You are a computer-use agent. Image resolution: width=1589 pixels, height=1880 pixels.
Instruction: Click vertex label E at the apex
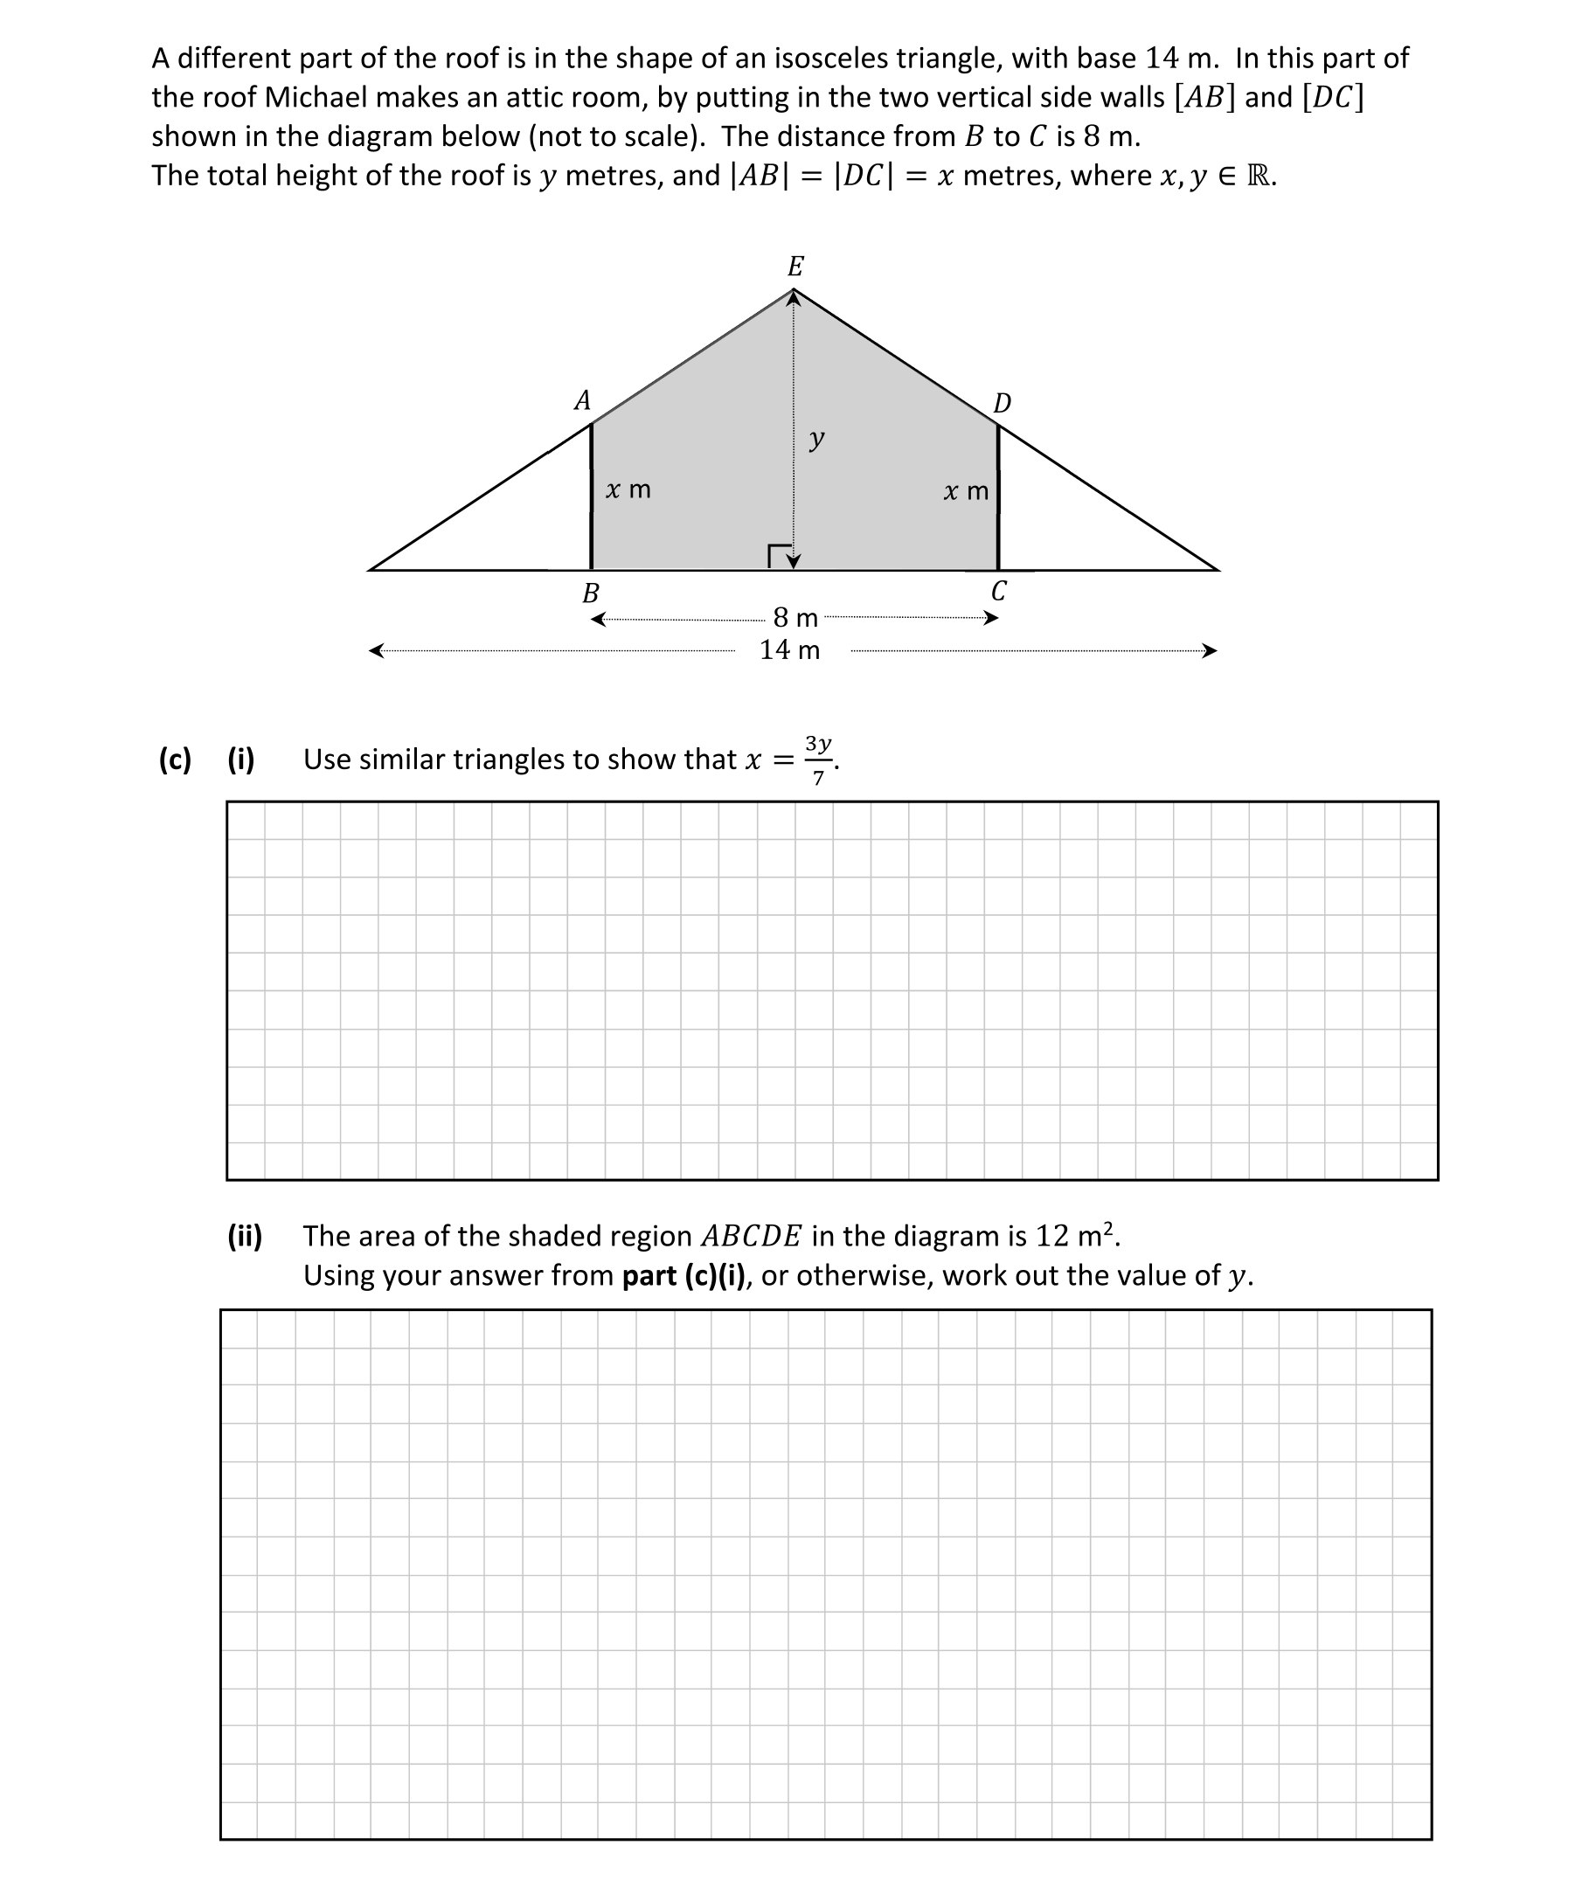pos(795,267)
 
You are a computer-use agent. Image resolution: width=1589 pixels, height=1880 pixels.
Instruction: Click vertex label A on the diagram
pos(583,400)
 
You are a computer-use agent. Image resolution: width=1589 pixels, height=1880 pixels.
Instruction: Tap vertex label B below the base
pos(591,593)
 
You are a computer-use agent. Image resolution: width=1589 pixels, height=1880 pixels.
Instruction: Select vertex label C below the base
pos(998,592)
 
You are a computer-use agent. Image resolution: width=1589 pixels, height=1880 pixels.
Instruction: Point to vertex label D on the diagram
pos(1002,403)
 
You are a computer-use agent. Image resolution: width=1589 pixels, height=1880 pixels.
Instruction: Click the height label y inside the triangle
pos(816,440)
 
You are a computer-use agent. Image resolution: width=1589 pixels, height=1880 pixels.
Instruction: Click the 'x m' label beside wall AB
pos(628,490)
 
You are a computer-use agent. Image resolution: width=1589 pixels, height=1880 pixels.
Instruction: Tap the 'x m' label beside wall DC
pos(966,492)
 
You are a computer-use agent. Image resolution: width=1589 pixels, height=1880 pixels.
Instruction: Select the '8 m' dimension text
pos(795,618)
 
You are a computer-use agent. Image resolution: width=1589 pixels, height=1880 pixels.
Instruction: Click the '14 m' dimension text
pos(790,650)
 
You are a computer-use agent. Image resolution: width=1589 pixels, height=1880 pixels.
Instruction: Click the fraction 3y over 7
pos(818,760)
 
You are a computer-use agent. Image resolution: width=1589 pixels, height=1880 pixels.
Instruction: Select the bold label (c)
pos(175,760)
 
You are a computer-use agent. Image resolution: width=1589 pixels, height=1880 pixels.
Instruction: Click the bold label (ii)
pos(244,1236)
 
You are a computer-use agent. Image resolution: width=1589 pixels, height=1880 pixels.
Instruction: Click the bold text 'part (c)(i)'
pos(683,1275)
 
